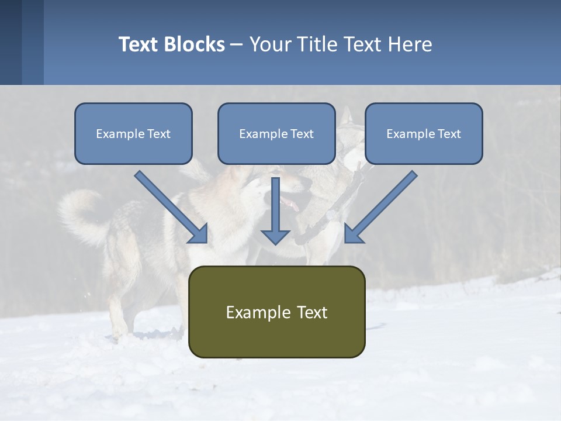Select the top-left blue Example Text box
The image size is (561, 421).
pyautogui.click(x=133, y=133)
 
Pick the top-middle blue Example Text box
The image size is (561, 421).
pyautogui.click(x=276, y=133)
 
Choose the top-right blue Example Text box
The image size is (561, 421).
pyautogui.click(x=424, y=133)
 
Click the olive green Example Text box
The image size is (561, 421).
pyautogui.click(x=276, y=312)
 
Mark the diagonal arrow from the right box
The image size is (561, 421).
pyautogui.click(x=381, y=206)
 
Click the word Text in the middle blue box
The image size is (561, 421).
pyautogui.click(x=302, y=134)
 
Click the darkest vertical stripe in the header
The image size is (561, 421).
pyautogui.click(x=11, y=42)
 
